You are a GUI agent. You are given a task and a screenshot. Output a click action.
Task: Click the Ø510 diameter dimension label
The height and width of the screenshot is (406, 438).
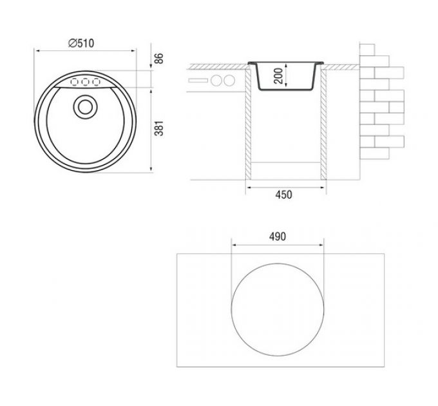[x=81, y=43]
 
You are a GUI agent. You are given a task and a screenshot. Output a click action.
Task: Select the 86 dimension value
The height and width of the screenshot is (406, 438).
[x=158, y=58]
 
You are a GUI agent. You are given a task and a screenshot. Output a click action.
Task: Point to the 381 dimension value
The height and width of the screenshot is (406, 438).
[x=159, y=128]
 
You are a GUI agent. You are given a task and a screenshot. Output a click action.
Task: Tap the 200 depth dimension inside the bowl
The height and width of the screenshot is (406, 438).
[x=278, y=75]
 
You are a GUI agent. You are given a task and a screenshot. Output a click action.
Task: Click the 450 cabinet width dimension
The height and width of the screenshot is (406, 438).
[x=283, y=195]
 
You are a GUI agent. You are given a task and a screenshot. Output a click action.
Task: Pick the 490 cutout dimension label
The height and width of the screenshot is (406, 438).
[x=278, y=237]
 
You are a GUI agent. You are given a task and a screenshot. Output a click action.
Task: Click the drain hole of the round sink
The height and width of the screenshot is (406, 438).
[x=85, y=107]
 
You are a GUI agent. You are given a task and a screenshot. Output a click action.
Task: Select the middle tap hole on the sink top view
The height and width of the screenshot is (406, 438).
[x=85, y=82]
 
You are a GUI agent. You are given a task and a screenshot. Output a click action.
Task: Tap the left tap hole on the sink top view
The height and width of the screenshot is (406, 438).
[x=74, y=82]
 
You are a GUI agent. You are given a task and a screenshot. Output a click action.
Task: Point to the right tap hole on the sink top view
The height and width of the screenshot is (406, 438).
[x=97, y=82]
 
